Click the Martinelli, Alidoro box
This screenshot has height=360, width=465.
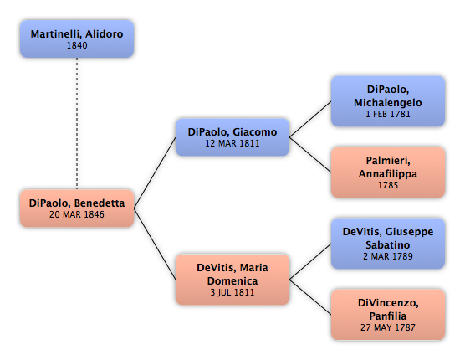click(x=77, y=39)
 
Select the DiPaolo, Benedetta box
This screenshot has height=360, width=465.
click(x=77, y=208)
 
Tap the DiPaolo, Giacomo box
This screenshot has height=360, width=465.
click(x=232, y=137)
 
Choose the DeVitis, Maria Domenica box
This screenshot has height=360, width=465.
click(x=232, y=280)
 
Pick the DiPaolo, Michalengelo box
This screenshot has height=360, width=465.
click(x=388, y=101)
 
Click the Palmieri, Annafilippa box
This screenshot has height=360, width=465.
click(x=388, y=172)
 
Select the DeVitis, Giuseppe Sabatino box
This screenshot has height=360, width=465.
click(x=388, y=244)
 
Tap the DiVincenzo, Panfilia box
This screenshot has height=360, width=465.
click(x=388, y=315)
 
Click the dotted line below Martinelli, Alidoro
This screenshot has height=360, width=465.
click(x=77, y=123)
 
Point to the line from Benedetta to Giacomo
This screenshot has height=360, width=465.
click(x=155, y=172)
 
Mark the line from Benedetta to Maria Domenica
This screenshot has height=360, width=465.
click(x=155, y=244)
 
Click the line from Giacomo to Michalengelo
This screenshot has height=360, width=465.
click(x=310, y=120)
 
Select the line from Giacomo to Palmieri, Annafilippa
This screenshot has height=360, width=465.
click(x=310, y=155)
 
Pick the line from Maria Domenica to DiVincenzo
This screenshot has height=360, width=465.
click(x=310, y=296)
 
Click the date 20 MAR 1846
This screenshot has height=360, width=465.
click(x=77, y=214)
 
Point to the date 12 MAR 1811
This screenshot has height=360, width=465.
click(x=232, y=143)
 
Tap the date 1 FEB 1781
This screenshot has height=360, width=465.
click(x=388, y=114)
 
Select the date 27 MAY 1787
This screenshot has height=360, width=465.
click(x=388, y=327)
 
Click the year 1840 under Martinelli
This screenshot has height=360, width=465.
click(x=77, y=45)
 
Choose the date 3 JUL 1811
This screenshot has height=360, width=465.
click(x=232, y=292)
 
